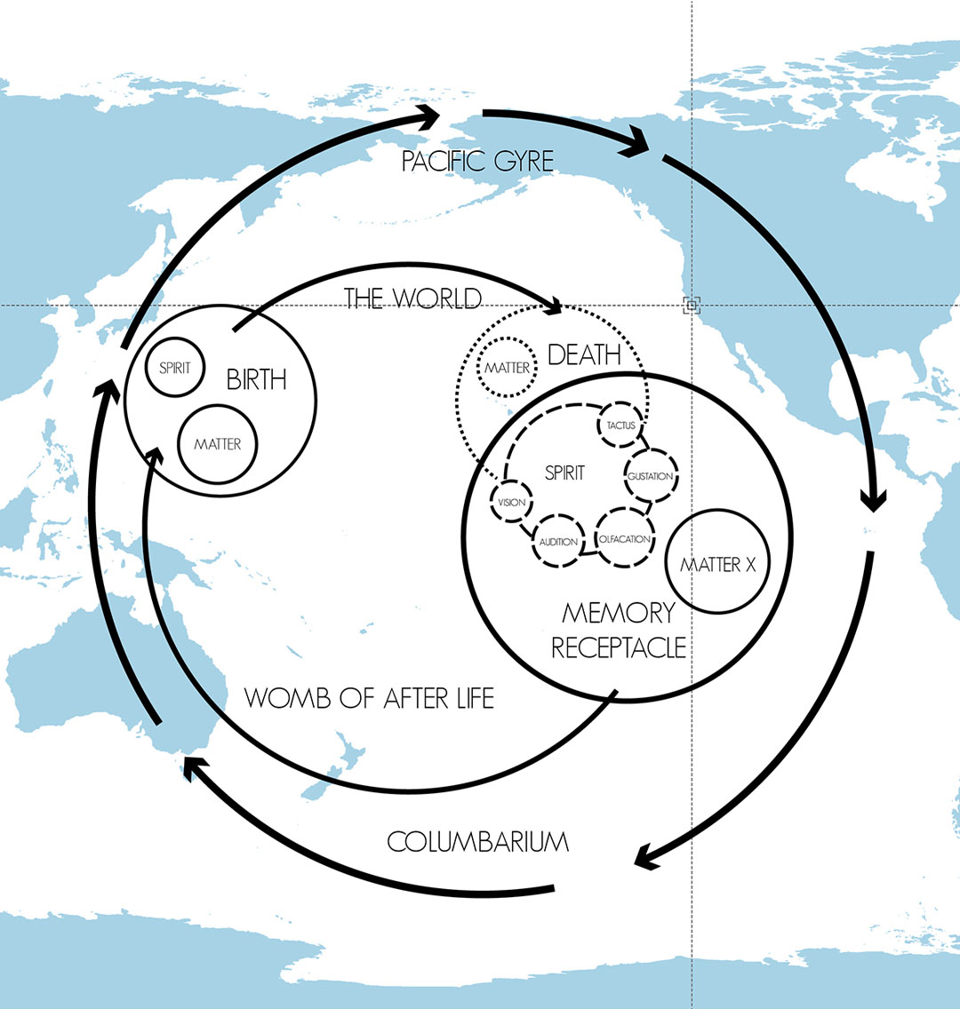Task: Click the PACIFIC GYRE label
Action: [477, 161]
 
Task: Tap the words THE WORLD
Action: [412, 298]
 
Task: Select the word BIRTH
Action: [256, 379]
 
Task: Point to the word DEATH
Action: [584, 354]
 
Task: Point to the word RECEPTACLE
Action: [618, 648]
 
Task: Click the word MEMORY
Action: [618, 613]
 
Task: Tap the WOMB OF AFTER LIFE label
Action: [369, 698]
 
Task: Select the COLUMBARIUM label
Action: [477, 842]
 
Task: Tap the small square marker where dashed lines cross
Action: [692, 305]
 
